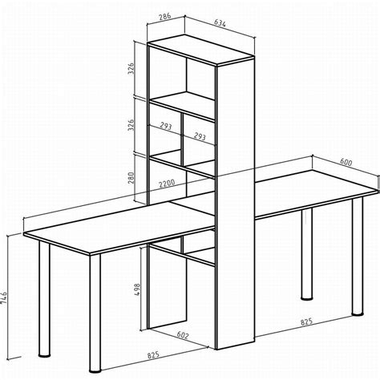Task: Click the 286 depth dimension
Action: pos(165,17)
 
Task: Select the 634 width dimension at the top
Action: pos(220,23)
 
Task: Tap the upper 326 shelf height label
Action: pos(131,68)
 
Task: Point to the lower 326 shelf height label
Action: pos(131,125)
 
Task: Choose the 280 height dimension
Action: pos(131,178)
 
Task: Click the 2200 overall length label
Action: pos(167,184)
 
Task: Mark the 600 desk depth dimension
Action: pos(346,162)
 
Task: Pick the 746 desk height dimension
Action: pos(4,297)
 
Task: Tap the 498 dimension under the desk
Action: pos(137,289)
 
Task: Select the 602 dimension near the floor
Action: pos(183,335)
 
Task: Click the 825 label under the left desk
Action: pos(153,354)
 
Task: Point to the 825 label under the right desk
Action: pos(306,321)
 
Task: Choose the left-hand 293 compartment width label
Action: pos(166,126)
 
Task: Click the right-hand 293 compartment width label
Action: pos(200,136)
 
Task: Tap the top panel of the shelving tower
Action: pos(200,50)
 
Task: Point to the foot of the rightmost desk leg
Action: pos(358,313)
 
